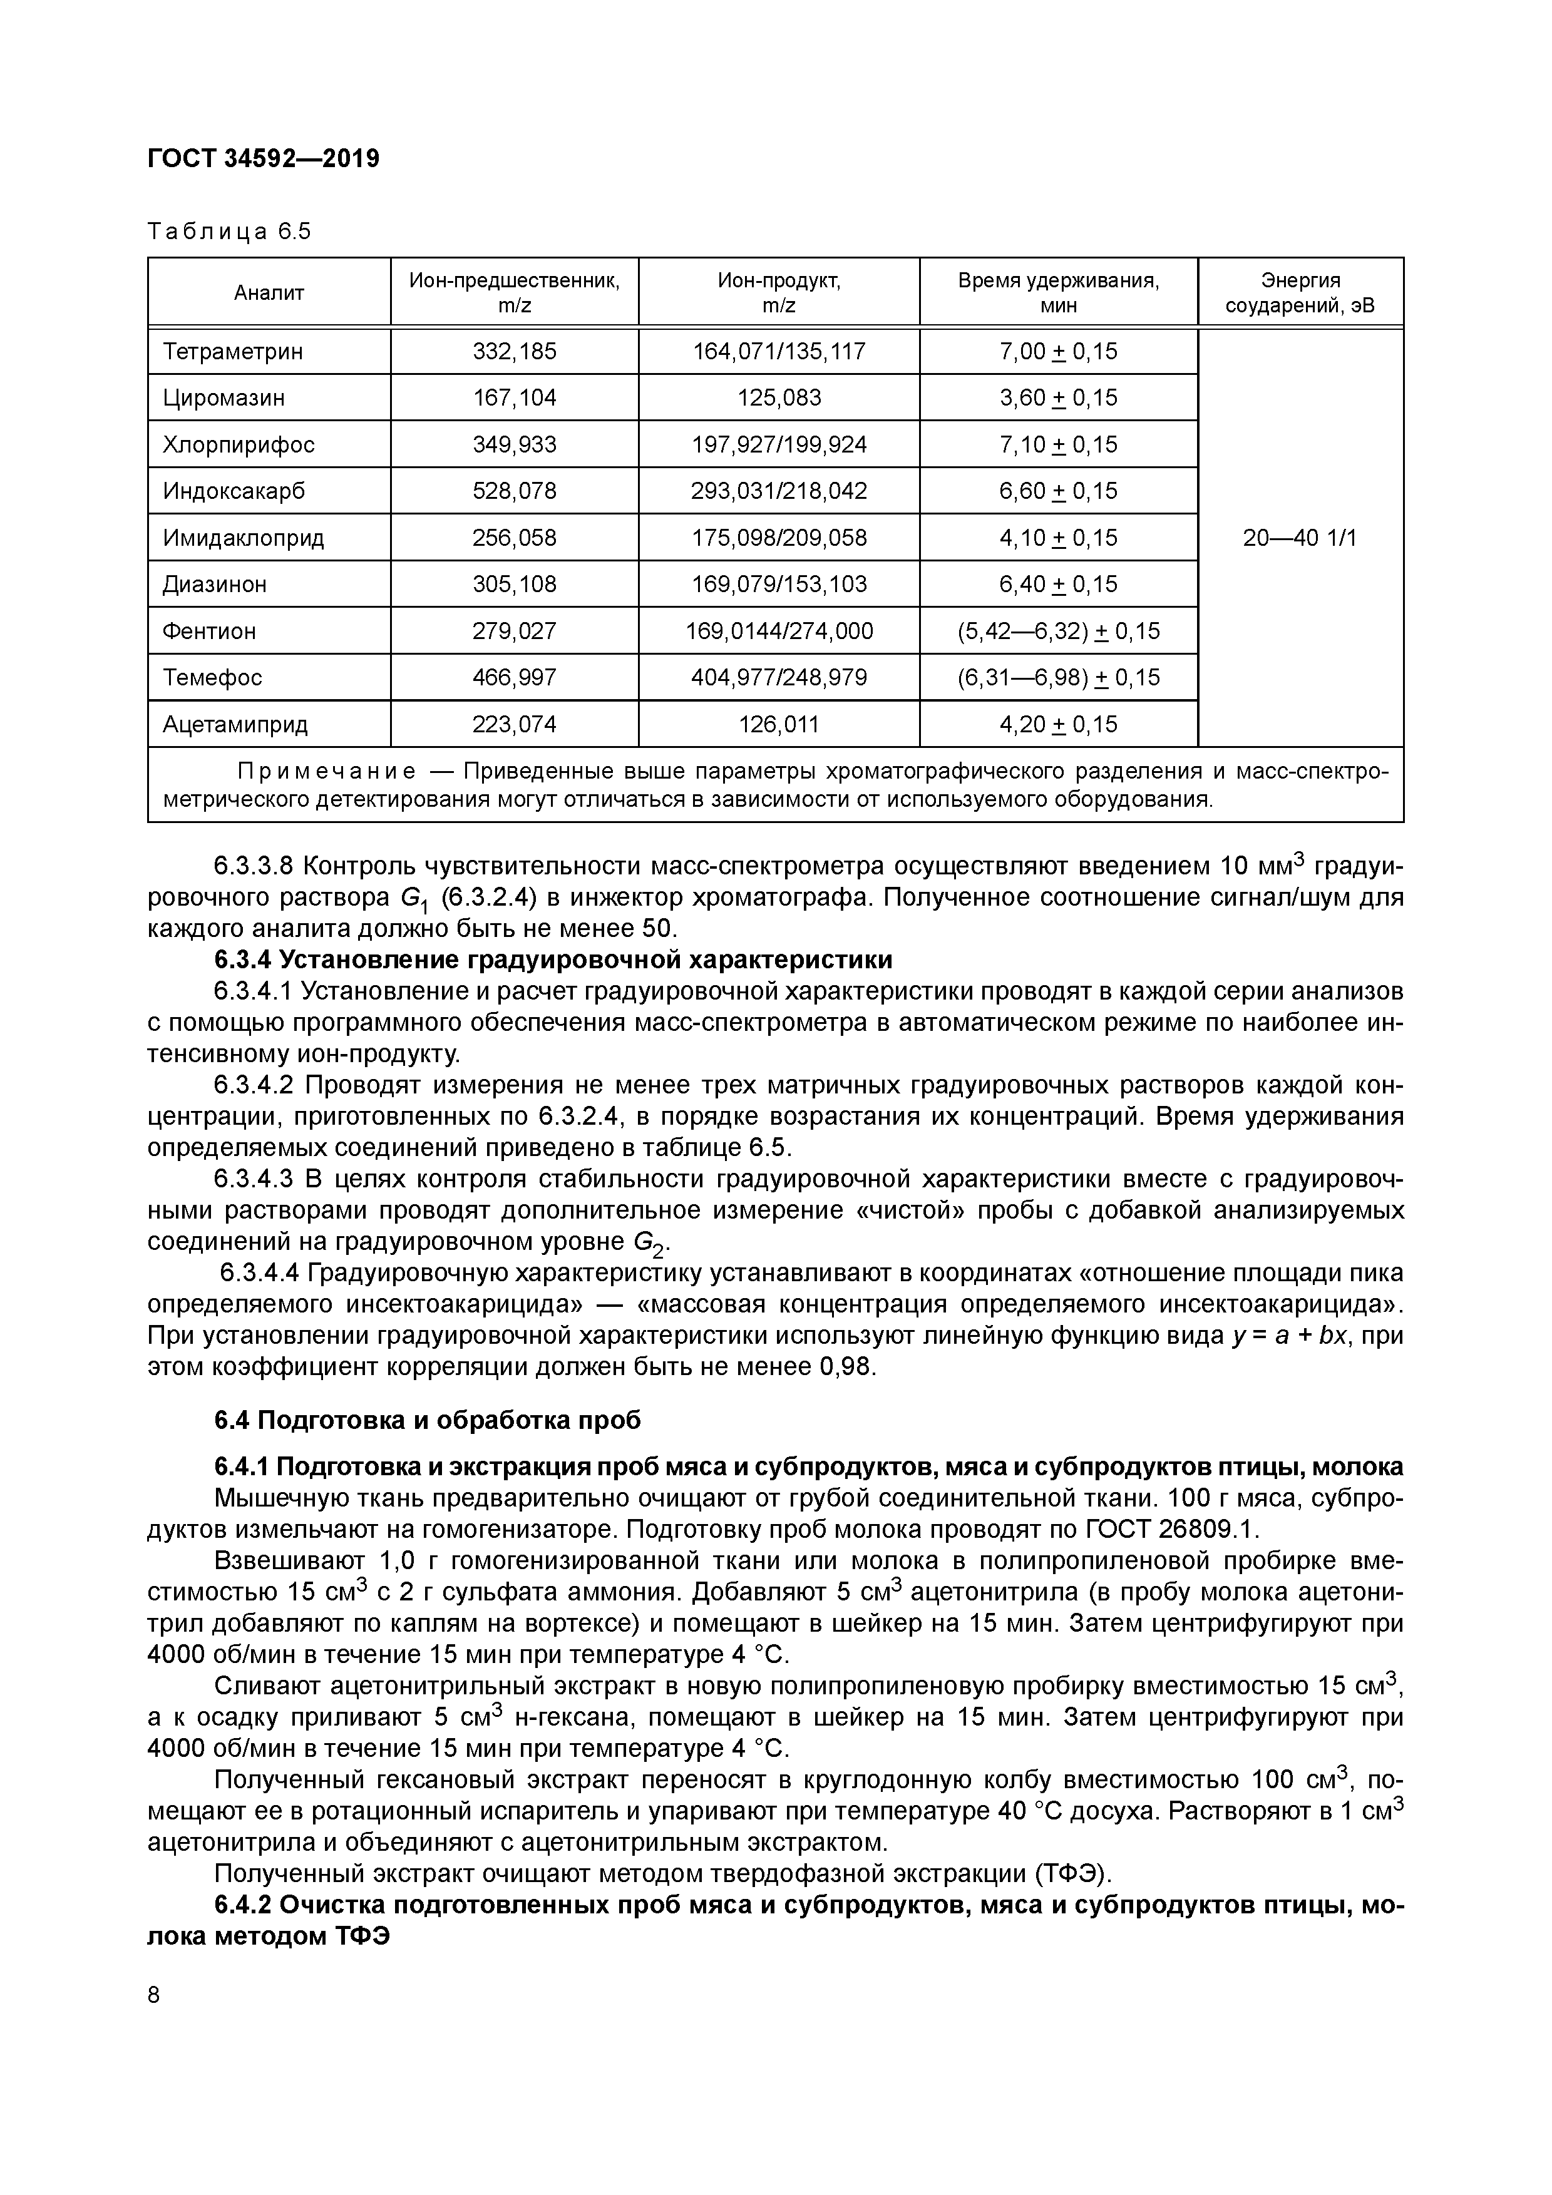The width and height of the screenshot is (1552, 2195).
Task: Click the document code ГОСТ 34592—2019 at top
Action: (x=263, y=158)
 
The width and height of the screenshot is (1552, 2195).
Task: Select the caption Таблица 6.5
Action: (x=230, y=232)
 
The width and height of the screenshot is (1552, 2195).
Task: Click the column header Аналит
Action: (x=269, y=292)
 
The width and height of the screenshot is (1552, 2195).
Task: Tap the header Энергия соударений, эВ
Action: (x=1300, y=292)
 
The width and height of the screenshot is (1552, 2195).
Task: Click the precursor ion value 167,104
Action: (x=515, y=397)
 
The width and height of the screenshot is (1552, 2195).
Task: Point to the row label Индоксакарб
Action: (x=234, y=491)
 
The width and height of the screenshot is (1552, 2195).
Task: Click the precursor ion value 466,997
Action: (x=515, y=678)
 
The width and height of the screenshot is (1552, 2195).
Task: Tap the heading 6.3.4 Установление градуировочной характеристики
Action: (x=553, y=959)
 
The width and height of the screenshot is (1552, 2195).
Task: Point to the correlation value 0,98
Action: (x=846, y=1366)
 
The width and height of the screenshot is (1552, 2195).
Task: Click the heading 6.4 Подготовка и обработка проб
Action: (x=428, y=1420)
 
